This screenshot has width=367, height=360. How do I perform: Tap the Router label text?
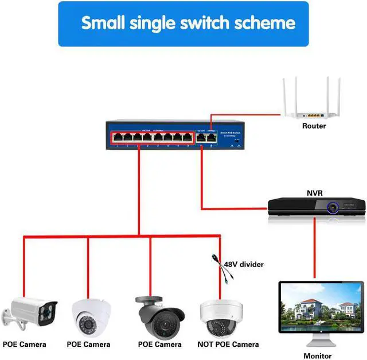pos(314,126)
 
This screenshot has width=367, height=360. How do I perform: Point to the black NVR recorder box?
pos(317,206)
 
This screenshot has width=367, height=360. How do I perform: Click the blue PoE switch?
pos(175,136)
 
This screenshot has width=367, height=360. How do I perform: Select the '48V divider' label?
pos(244,265)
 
